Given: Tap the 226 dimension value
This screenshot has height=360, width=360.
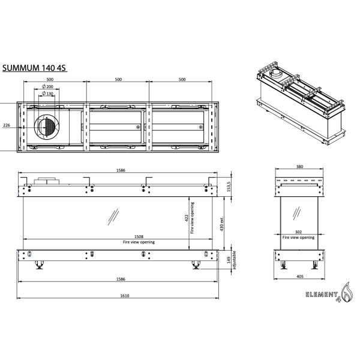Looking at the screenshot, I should click(x=7, y=125).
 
